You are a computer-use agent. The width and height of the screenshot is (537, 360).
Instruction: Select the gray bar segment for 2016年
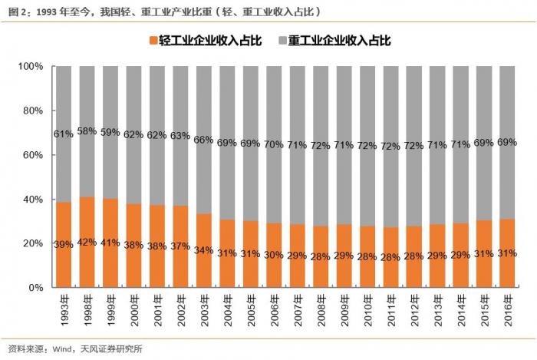(x=507, y=142)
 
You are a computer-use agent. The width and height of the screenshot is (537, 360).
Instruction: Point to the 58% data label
(x=87, y=132)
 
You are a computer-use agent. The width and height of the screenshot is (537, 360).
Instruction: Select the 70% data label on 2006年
(x=274, y=144)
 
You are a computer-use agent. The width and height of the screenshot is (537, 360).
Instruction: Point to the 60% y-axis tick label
(x=32, y=155)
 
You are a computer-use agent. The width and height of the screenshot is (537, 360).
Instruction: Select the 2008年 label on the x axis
(x=321, y=306)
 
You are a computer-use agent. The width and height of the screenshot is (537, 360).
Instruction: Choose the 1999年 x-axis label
(x=110, y=306)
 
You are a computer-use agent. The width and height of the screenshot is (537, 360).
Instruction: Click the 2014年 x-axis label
(x=461, y=306)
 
